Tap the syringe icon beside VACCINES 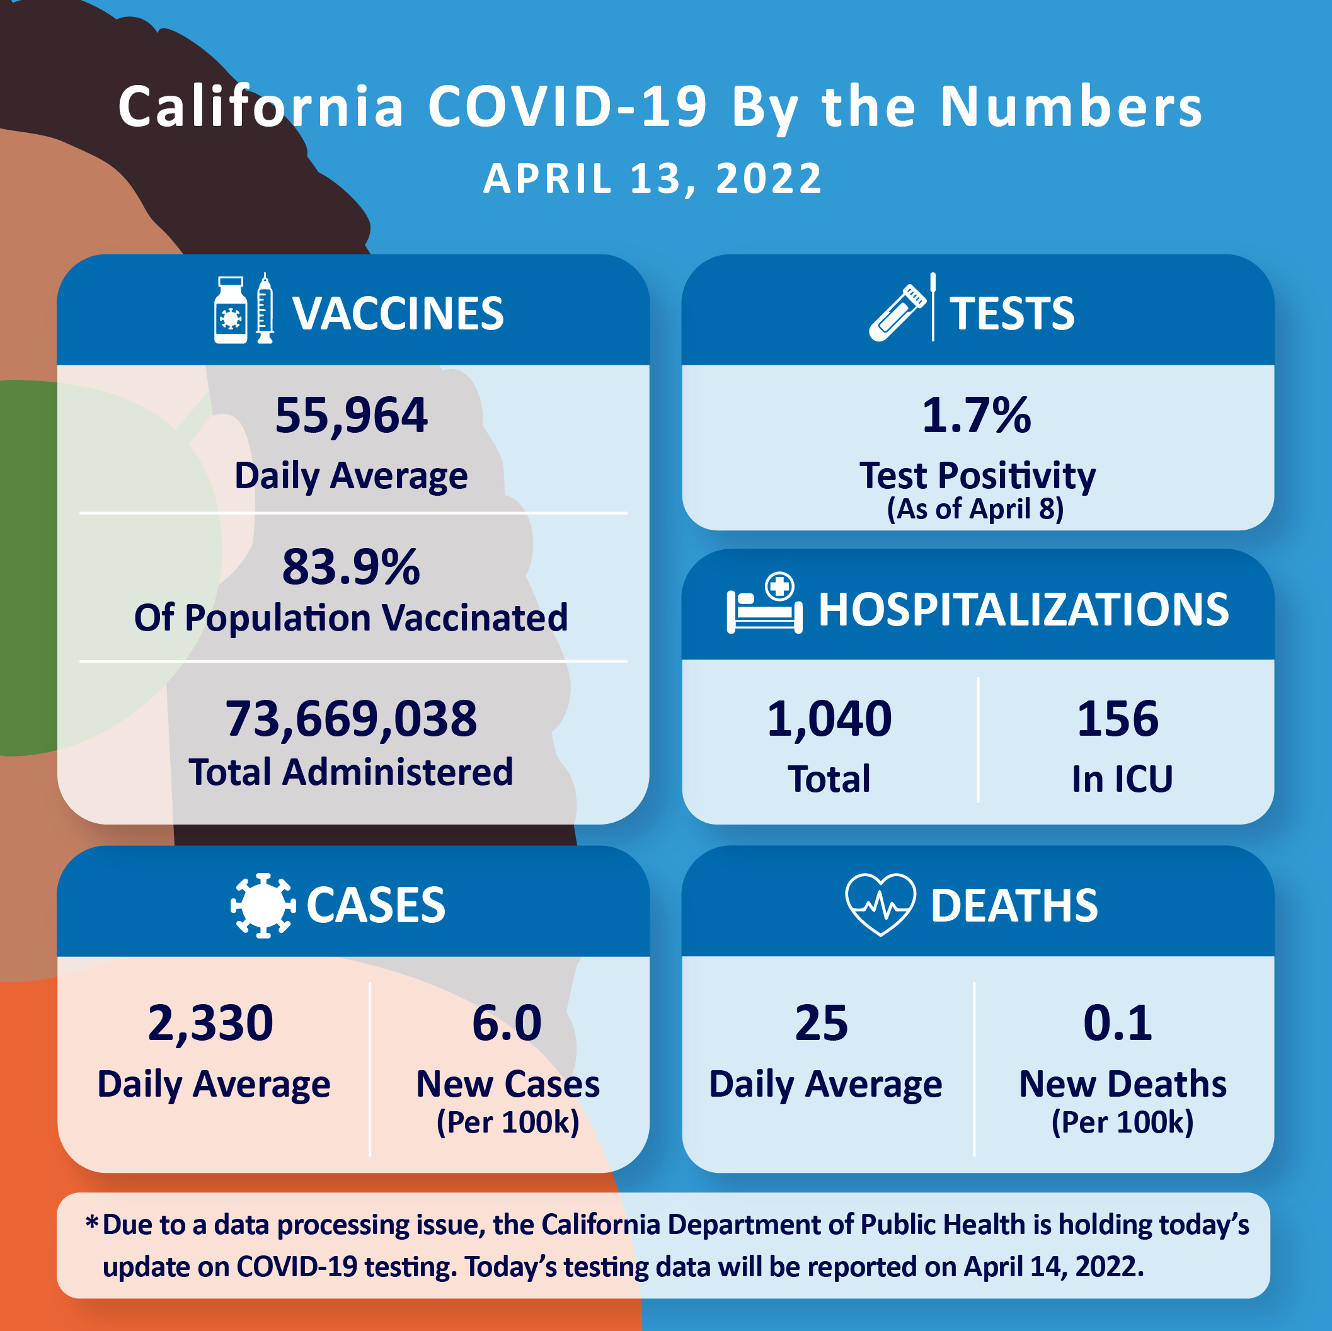(x=265, y=309)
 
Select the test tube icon (x=896, y=313)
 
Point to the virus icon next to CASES (x=263, y=905)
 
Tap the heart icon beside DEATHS (x=880, y=904)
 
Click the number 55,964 (x=351, y=416)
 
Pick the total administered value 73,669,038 (x=351, y=718)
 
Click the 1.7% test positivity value (x=976, y=416)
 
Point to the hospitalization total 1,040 (x=829, y=718)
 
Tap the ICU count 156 (x=1118, y=718)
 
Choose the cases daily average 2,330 (x=210, y=1022)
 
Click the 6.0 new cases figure (x=507, y=1022)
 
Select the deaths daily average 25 (x=821, y=1022)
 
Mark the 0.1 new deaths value (x=1118, y=1022)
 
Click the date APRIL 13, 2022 (x=652, y=178)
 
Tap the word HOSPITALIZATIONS (x=1023, y=609)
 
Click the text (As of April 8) (x=975, y=510)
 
